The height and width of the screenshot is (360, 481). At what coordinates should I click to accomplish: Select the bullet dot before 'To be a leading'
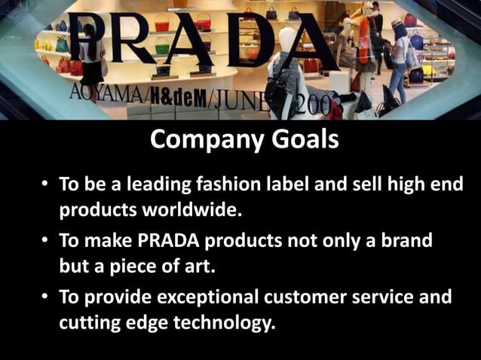[x=47, y=185]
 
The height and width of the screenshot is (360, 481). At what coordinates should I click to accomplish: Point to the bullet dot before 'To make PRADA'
[x=47, y=242]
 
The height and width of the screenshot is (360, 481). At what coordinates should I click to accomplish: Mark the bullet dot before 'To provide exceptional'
[x=47, y=298]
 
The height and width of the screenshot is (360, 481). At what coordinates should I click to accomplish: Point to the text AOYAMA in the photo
[x=106, y=95]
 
